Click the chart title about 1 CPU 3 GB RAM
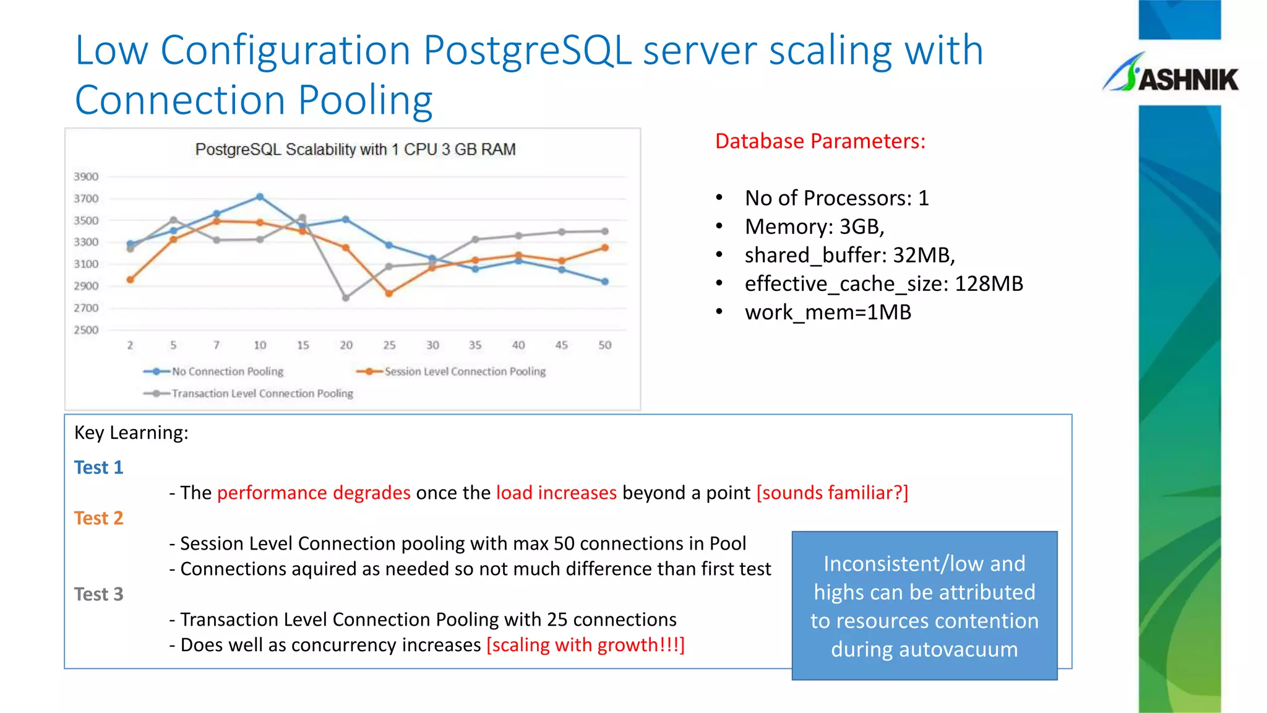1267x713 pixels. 355,150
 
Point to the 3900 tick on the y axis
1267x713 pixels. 86,177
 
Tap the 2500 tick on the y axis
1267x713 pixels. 86,331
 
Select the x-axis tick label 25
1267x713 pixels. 389,345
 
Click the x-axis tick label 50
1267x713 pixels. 604,345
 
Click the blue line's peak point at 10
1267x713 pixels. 260,197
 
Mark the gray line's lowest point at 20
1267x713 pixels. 346,298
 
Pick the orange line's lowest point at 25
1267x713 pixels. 389,293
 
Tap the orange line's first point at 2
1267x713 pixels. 130,280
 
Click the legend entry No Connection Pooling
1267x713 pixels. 227,371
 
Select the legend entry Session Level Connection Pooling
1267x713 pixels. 465,371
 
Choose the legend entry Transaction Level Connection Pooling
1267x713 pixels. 262,394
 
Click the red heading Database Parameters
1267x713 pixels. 820,141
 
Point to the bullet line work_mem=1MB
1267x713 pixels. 828,313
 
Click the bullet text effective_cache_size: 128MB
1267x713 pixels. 883,284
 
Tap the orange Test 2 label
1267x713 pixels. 99,518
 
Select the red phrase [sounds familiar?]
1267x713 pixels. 832,493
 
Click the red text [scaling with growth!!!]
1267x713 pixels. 585,645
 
